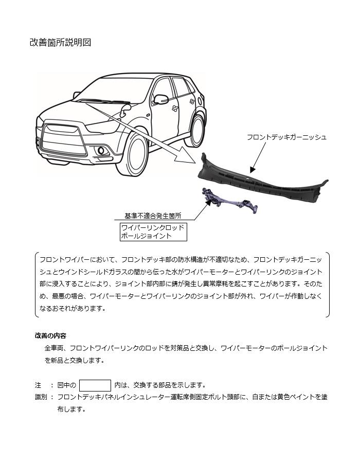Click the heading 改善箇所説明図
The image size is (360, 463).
[60, 43]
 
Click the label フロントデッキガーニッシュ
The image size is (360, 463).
[286, 137]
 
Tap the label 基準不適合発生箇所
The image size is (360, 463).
[153, 216]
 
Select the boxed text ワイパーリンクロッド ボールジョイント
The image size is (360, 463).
[153, 232]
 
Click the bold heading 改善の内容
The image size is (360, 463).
[50, 336]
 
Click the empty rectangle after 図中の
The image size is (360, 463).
[95, 385]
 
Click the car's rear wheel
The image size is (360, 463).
[197, 130]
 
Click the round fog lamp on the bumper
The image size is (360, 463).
[101, 151]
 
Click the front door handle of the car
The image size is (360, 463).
[175, 109]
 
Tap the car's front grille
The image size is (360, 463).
[63, 139]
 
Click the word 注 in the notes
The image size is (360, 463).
[38, 385]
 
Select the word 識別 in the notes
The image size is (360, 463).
[41, 397]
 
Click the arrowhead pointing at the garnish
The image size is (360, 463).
[252, 169]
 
